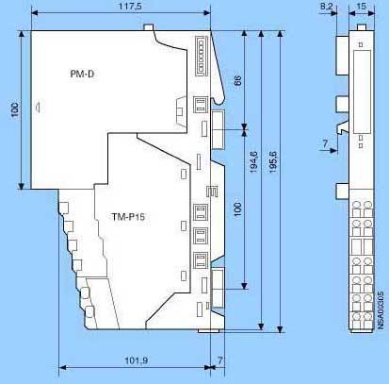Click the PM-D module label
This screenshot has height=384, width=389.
click(x=82, y=74)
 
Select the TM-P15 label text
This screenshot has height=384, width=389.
click(x=128, y=217)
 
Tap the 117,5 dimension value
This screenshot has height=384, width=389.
click(x=130, y=6)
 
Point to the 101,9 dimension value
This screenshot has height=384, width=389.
click(x=137, y=360)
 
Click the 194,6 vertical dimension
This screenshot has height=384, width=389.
click(x=253, y=162)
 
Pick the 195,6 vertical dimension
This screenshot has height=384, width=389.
click(x=273, y=162)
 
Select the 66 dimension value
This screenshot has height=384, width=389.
click(x=237, y=81)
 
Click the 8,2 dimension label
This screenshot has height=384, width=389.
click(x=327, y=6)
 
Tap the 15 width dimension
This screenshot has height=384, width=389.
click(x=362, y=6)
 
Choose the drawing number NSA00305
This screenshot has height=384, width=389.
click(x=381, y=310)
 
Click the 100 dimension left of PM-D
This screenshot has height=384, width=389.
click(x=15, y=109)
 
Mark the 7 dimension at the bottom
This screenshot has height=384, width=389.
click(x=220, y=360)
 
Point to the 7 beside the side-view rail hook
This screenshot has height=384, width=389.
click(x=325, y=143)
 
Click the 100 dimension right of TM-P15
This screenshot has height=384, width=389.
click(x=237, y=209)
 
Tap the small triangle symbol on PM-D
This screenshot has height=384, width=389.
click(x=38, y=108)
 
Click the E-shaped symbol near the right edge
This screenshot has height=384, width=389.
click(x=212, y=192)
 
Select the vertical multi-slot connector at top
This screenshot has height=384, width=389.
click(x=202, y=56)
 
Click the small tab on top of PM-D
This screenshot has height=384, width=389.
click(x=149, y=27)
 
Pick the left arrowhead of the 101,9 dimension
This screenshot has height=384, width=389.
click(x=63, y=367)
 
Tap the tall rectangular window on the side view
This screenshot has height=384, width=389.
click(x=362, y=92)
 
